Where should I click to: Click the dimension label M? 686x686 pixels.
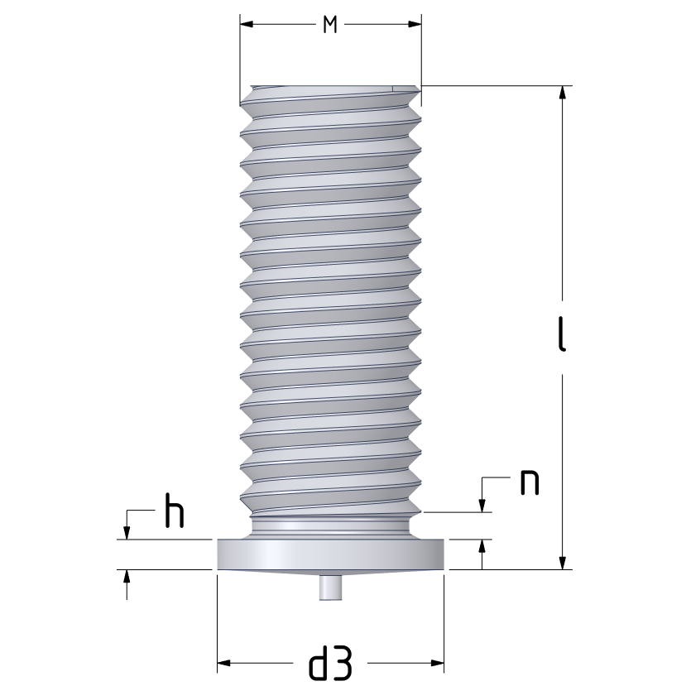click(330, 25)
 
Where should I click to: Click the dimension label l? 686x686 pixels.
click(562, 333)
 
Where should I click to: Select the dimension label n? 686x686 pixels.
click(529, 482)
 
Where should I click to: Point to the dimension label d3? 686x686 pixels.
click(331, 663)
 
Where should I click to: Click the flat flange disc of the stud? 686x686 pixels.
click(331, 554)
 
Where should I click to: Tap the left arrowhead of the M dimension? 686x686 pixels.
click(247, 24)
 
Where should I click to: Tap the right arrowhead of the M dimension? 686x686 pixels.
click(415, 24)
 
